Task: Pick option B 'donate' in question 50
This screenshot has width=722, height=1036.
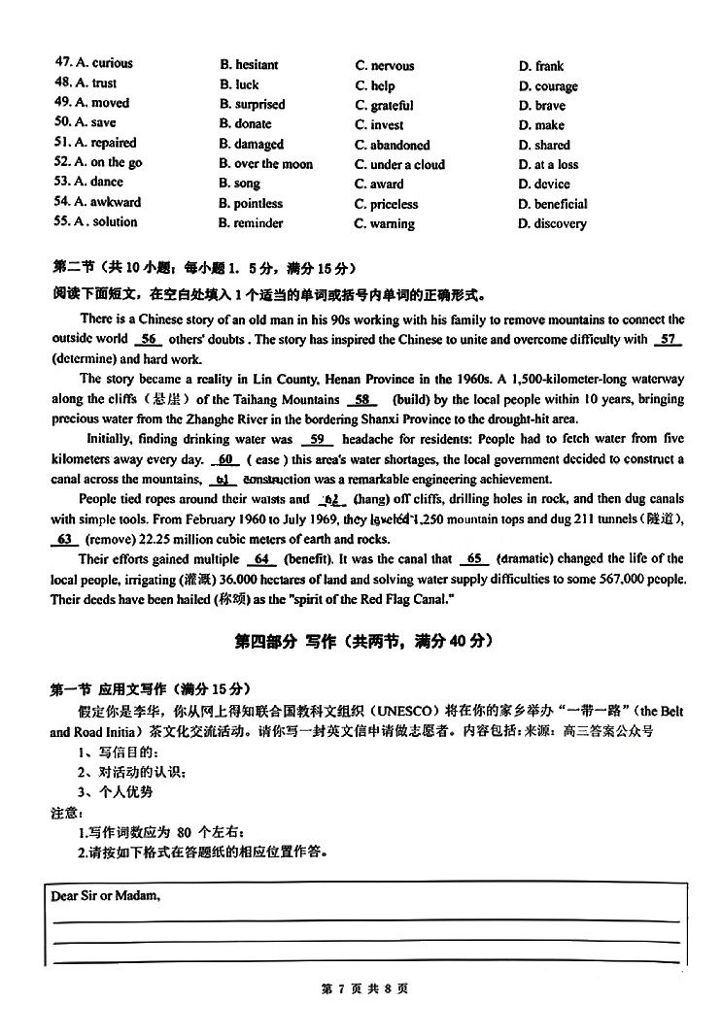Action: (252, 124)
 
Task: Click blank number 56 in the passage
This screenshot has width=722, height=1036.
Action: (149, 340)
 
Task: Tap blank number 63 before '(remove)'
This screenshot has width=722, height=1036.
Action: (66, 540)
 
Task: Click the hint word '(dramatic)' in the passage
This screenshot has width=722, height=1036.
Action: (528, 559)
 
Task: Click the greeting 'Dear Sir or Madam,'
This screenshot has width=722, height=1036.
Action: (106, 896)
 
